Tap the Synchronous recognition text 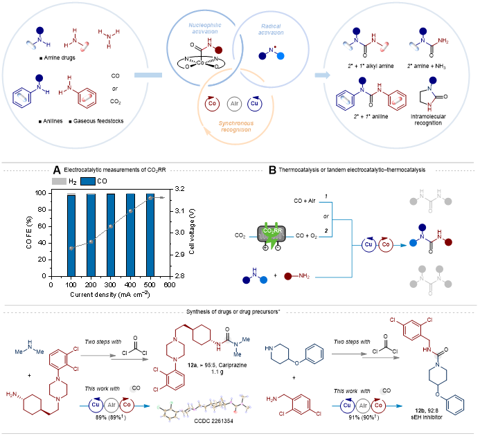pyautogui.click(x=236, y=126)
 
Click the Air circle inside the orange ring pyautogui.click(x=234, y=103)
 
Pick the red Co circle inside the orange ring pyautogui.click(x=213, y=103)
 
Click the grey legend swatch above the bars pyautogui.click(x=60, y=181)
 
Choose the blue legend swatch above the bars pyautogui.click(x=88, y=181)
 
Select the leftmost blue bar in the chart pyautogui.click(x=71, y=235)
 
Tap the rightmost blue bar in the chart pyautogui.click(x=150, y=235)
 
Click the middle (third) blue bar pyautogui.click(x=111, y=235)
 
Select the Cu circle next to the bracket pyautogui.click(x=369, y=244)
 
